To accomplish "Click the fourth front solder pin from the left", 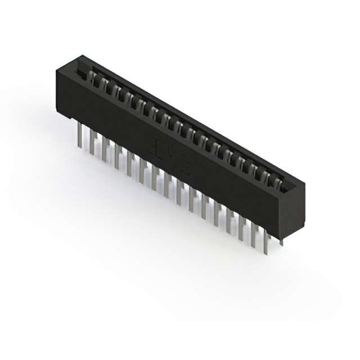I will pyautogui.click(x=117, y=157).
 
